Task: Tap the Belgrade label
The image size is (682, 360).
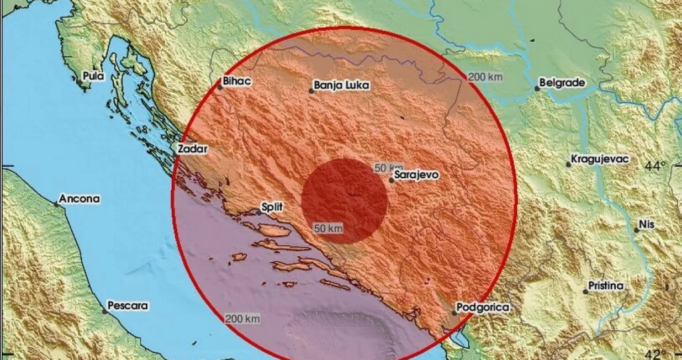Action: coord(562,82)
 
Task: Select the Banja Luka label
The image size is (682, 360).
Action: coord(341,86)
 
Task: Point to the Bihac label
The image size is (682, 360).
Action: coord(237,82)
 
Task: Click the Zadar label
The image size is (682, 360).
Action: coord(192,149)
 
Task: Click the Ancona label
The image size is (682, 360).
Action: coord(80,198)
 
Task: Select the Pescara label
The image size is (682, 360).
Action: coord(128,305)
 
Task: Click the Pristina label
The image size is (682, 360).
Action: coord(606,286)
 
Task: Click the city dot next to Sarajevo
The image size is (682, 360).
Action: coord(392,180)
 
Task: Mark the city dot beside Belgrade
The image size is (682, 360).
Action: coord(537,88)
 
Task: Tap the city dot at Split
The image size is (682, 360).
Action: coord(258,212)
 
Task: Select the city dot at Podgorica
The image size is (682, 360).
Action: coord(454,313)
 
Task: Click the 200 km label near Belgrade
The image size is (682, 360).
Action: coord(485,77)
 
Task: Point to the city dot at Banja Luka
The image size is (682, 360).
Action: coord(311,91)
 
